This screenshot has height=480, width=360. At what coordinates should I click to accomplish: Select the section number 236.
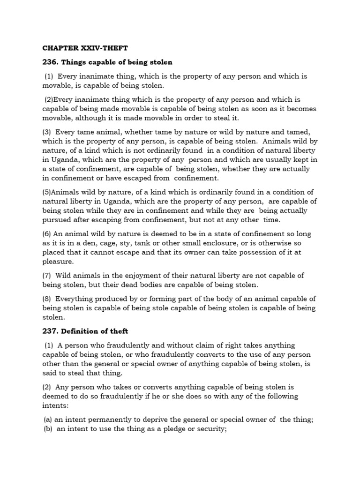(50, 62)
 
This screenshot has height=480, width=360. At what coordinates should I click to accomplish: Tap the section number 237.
(50, 331)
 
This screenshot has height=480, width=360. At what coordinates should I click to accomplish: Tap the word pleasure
(58, 262)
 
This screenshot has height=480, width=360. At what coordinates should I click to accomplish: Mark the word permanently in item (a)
(104, 420)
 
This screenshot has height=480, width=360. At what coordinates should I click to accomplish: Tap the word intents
(55, 405)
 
